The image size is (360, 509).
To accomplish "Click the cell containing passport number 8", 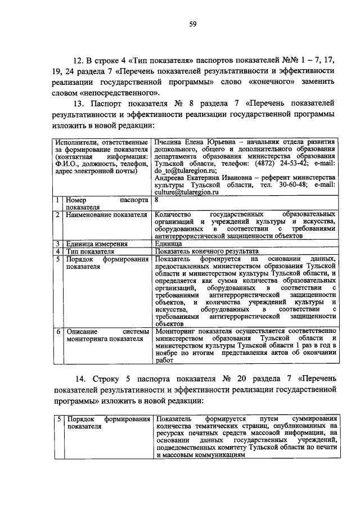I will coord(156,200).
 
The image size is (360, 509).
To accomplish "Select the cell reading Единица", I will coord(168,244).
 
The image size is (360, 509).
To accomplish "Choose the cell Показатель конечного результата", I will coord(206,251).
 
